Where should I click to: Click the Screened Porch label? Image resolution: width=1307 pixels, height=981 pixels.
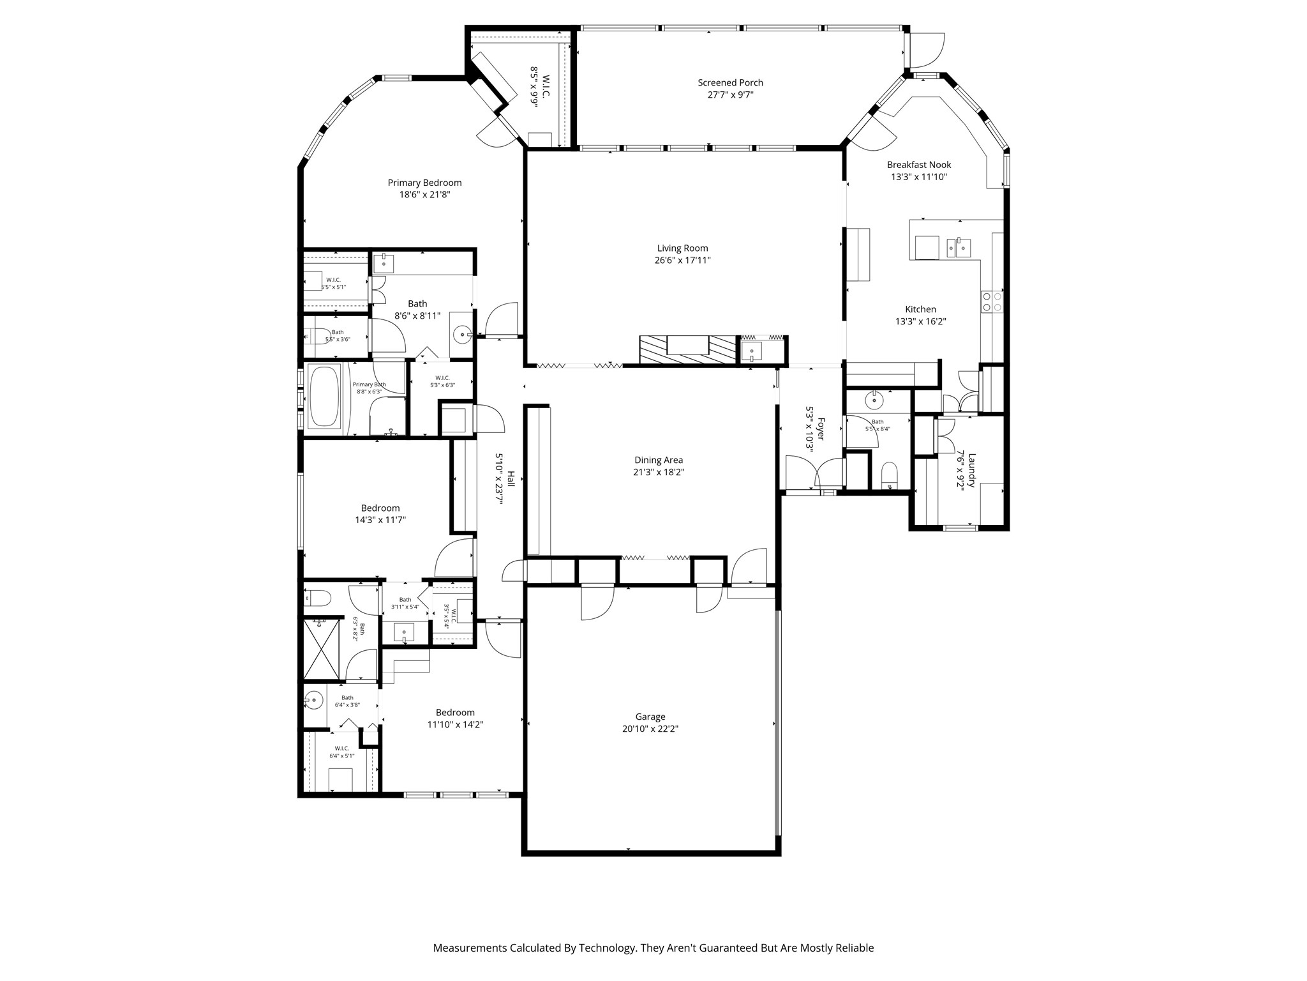(x=730, y=82)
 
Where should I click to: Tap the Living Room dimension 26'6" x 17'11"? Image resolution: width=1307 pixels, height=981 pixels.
(x=682, y=261)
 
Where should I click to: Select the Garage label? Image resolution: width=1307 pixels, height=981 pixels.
(x=650, y=717)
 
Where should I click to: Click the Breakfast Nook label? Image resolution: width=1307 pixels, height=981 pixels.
(x=919, y=165)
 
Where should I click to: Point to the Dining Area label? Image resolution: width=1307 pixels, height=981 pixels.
(x=659, y=460)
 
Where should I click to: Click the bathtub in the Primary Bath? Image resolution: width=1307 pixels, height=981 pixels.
(x=325, y=397)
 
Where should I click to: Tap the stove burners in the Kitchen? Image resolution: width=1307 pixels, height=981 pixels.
(x=992, y=301)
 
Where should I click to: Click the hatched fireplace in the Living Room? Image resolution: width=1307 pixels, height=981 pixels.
(x=688, y=350)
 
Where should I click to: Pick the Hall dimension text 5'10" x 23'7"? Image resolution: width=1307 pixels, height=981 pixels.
(x=499, y=479)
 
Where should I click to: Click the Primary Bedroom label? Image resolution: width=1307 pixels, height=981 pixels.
(x=424, y=183)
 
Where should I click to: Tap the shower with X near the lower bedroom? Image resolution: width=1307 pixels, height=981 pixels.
(x=321, y=649)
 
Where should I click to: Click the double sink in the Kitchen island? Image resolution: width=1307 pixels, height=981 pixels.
(x=959, y=247)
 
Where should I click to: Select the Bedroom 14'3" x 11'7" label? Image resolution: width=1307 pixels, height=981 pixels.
(x=380, y=508)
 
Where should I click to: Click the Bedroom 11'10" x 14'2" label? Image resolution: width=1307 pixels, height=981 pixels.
(x=455, y=713)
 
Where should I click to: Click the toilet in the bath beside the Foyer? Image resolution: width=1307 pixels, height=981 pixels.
(x=889, y=475)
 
